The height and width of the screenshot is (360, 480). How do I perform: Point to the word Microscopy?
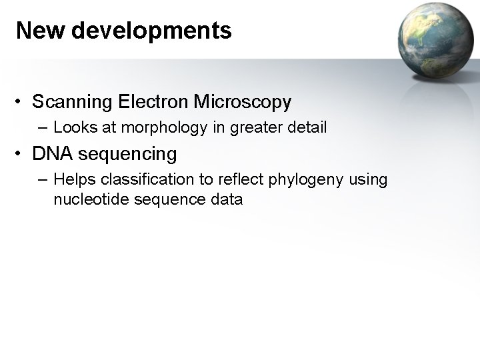pos(243,103)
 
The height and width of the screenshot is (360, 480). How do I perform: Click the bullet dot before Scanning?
pos(21,103)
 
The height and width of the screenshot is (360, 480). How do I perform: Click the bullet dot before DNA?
pos(21,155)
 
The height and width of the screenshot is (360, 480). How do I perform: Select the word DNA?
pos(53,154)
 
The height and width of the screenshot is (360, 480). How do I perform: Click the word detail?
pos(307,127)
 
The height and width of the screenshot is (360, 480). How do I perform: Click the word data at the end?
pos(227,199)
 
